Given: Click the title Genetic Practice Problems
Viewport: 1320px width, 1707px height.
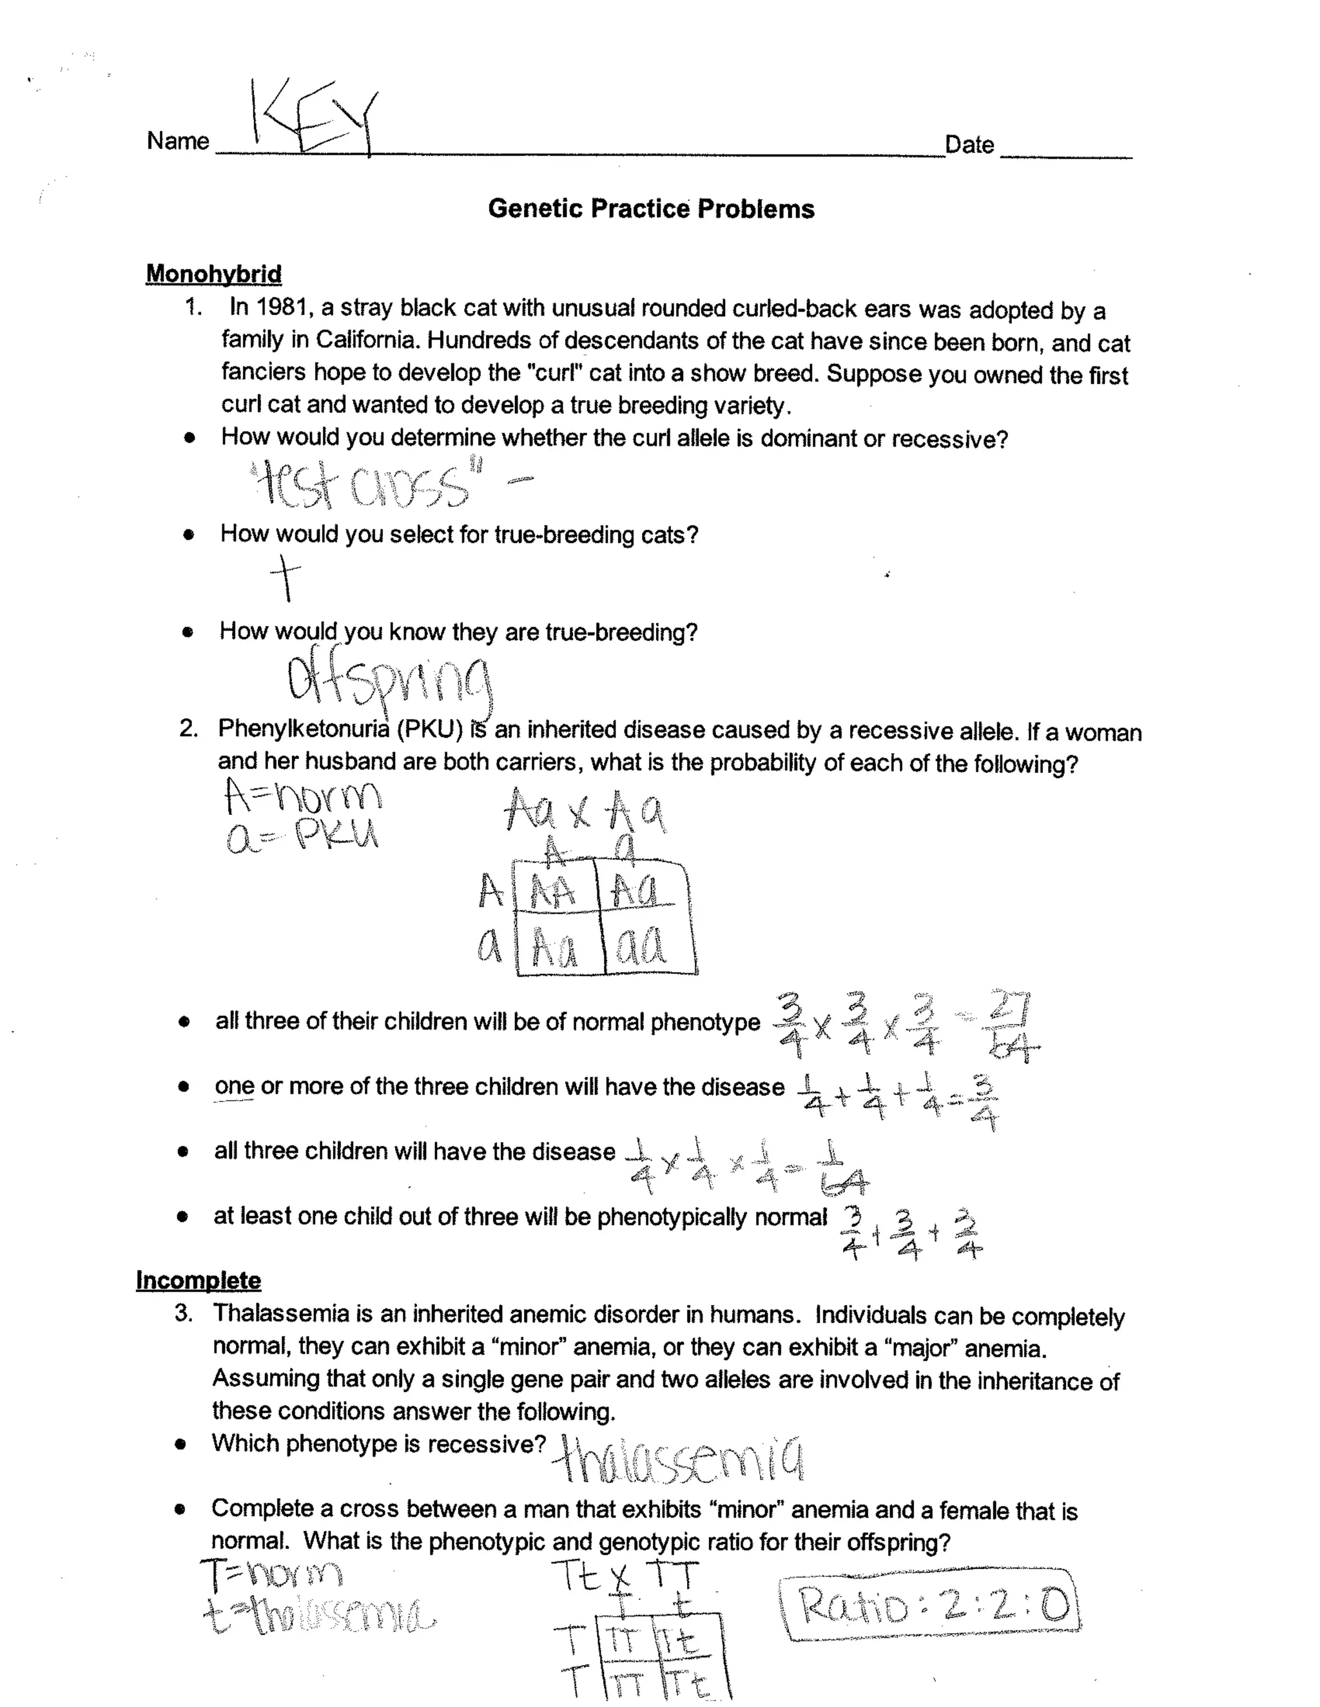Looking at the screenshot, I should (650, 209).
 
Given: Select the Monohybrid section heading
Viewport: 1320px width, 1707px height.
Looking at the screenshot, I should (213, 274).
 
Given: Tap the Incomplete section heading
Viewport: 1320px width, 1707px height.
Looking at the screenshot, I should (198, 1281).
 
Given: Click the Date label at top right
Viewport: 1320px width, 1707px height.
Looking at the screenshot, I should (969, 144).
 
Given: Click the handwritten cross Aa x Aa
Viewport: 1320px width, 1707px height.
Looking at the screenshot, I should (585, 810).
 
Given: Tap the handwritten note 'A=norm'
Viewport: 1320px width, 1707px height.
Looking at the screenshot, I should (304, 796).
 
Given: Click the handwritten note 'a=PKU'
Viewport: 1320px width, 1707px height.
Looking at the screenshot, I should (302, 837).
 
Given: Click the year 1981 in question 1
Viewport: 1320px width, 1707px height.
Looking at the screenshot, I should (280, 307).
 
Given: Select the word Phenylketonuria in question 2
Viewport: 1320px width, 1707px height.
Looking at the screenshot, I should (304, 729).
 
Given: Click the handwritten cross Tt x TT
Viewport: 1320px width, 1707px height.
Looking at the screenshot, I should (626, 1576).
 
